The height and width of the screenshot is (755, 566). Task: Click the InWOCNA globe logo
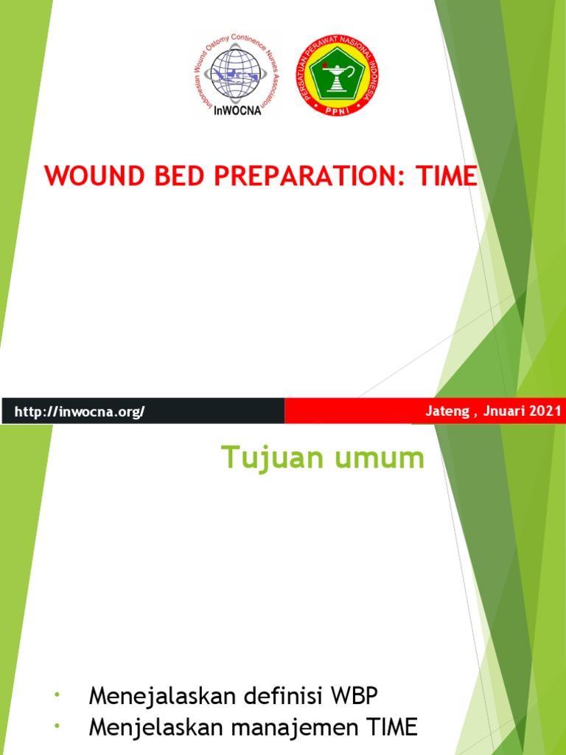click(x=237, y=74)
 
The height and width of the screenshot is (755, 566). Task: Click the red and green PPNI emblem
click(x=336, y=74)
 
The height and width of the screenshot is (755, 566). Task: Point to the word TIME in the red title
click(x=447, y=177)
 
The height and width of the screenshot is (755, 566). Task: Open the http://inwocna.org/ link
click(x=80, y=411)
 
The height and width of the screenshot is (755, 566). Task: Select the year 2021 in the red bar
click(x=548, y=411)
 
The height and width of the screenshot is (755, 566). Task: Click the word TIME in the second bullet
click(x=390, y=729)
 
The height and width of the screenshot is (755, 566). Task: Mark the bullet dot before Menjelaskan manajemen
click(x=56, y=728)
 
